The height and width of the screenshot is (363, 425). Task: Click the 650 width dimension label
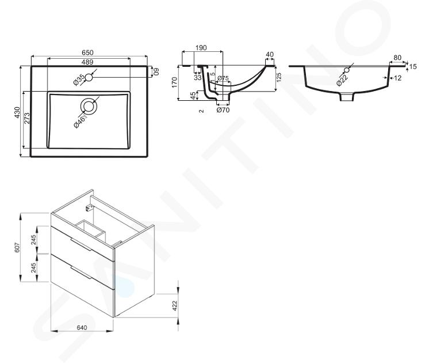point(87,52)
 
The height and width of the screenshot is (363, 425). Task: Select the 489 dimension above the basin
point(87,62)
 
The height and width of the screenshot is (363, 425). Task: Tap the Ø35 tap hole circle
point(89,78)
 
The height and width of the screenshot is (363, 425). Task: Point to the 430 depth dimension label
point(17,112)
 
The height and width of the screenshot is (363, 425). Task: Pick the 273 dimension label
point(26,118)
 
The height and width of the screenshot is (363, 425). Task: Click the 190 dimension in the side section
point(201,48)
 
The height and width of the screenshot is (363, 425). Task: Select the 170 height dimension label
point(174,82)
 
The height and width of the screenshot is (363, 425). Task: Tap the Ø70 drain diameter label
point(223,109)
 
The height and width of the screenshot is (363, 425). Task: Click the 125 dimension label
point(278,77)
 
